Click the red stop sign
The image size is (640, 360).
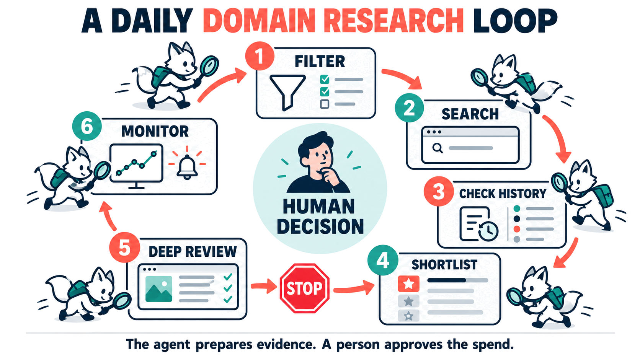304,288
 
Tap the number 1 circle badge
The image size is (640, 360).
260,56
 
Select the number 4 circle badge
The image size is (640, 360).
382,260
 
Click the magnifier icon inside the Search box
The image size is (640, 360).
438,148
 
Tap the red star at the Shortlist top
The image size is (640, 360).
408,283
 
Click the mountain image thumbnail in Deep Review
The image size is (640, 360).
159,288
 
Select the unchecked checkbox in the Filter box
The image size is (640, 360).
324,104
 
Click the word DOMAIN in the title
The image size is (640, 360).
259,21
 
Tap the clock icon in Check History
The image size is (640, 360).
488,230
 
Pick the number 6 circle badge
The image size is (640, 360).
87,126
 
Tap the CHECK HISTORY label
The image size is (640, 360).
503,194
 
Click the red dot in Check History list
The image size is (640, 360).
517,229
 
